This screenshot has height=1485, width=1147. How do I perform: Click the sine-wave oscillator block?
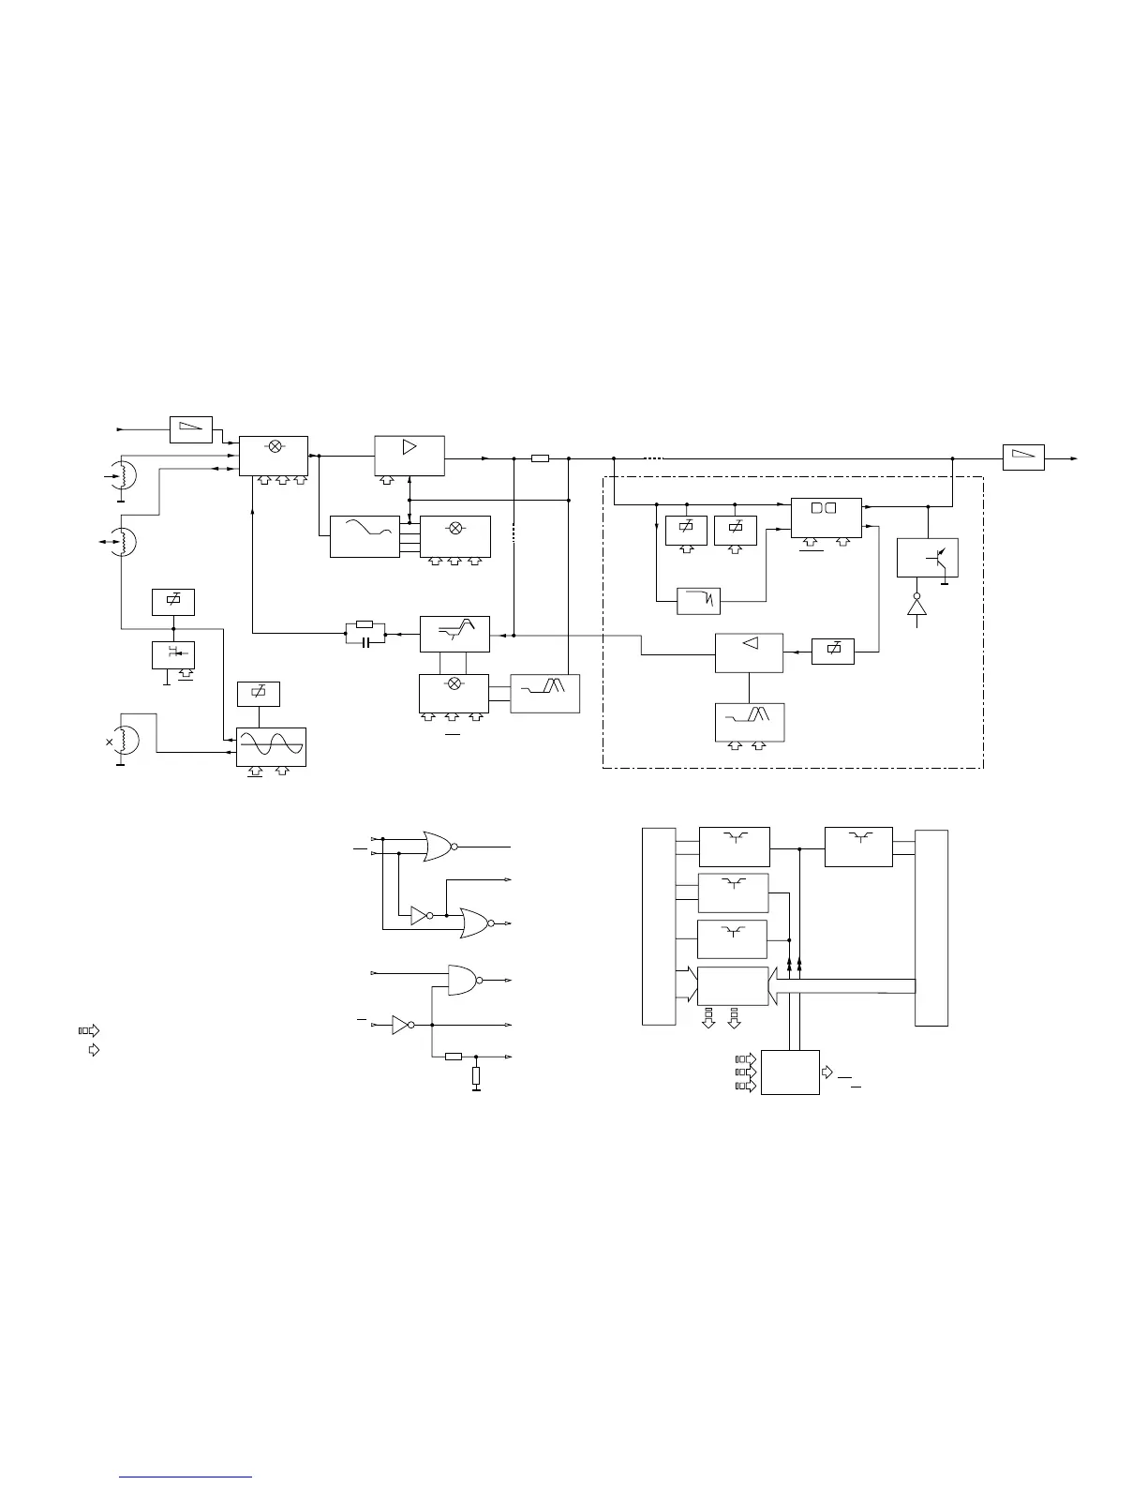pyautogui.click(x=272, y=747)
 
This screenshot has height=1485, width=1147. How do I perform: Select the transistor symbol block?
pyautogui.click(x=927, y=558)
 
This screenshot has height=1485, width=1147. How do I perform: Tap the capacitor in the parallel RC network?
pyautogui.click(x=365, y=641)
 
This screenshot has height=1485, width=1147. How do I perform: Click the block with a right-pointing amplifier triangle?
pyautogui.click(x=410, y=455)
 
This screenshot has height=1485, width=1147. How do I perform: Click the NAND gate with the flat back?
pyautogui.click(x=464, y=980)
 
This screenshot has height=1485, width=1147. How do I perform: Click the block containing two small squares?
pyautogui.click(x=826, y=517)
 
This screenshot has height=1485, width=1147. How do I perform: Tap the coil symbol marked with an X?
pyautogui.click(x=124, y=741)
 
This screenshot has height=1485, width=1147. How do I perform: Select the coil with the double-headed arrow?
pyautogui.click(x=122, y=541)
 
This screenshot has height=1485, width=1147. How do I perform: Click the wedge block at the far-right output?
pyautogui.click(x=1023, y=458)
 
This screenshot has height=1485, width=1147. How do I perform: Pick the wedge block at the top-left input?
pyautogui.click(x=191, y=429)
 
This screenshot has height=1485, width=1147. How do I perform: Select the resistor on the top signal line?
pyautogui.click(x=540, y=458)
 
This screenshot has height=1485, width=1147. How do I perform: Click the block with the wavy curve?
pyautogui.click(x=365, y=537)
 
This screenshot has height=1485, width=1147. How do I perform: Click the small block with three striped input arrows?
pyautogui.click(x=790, y=1072)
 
